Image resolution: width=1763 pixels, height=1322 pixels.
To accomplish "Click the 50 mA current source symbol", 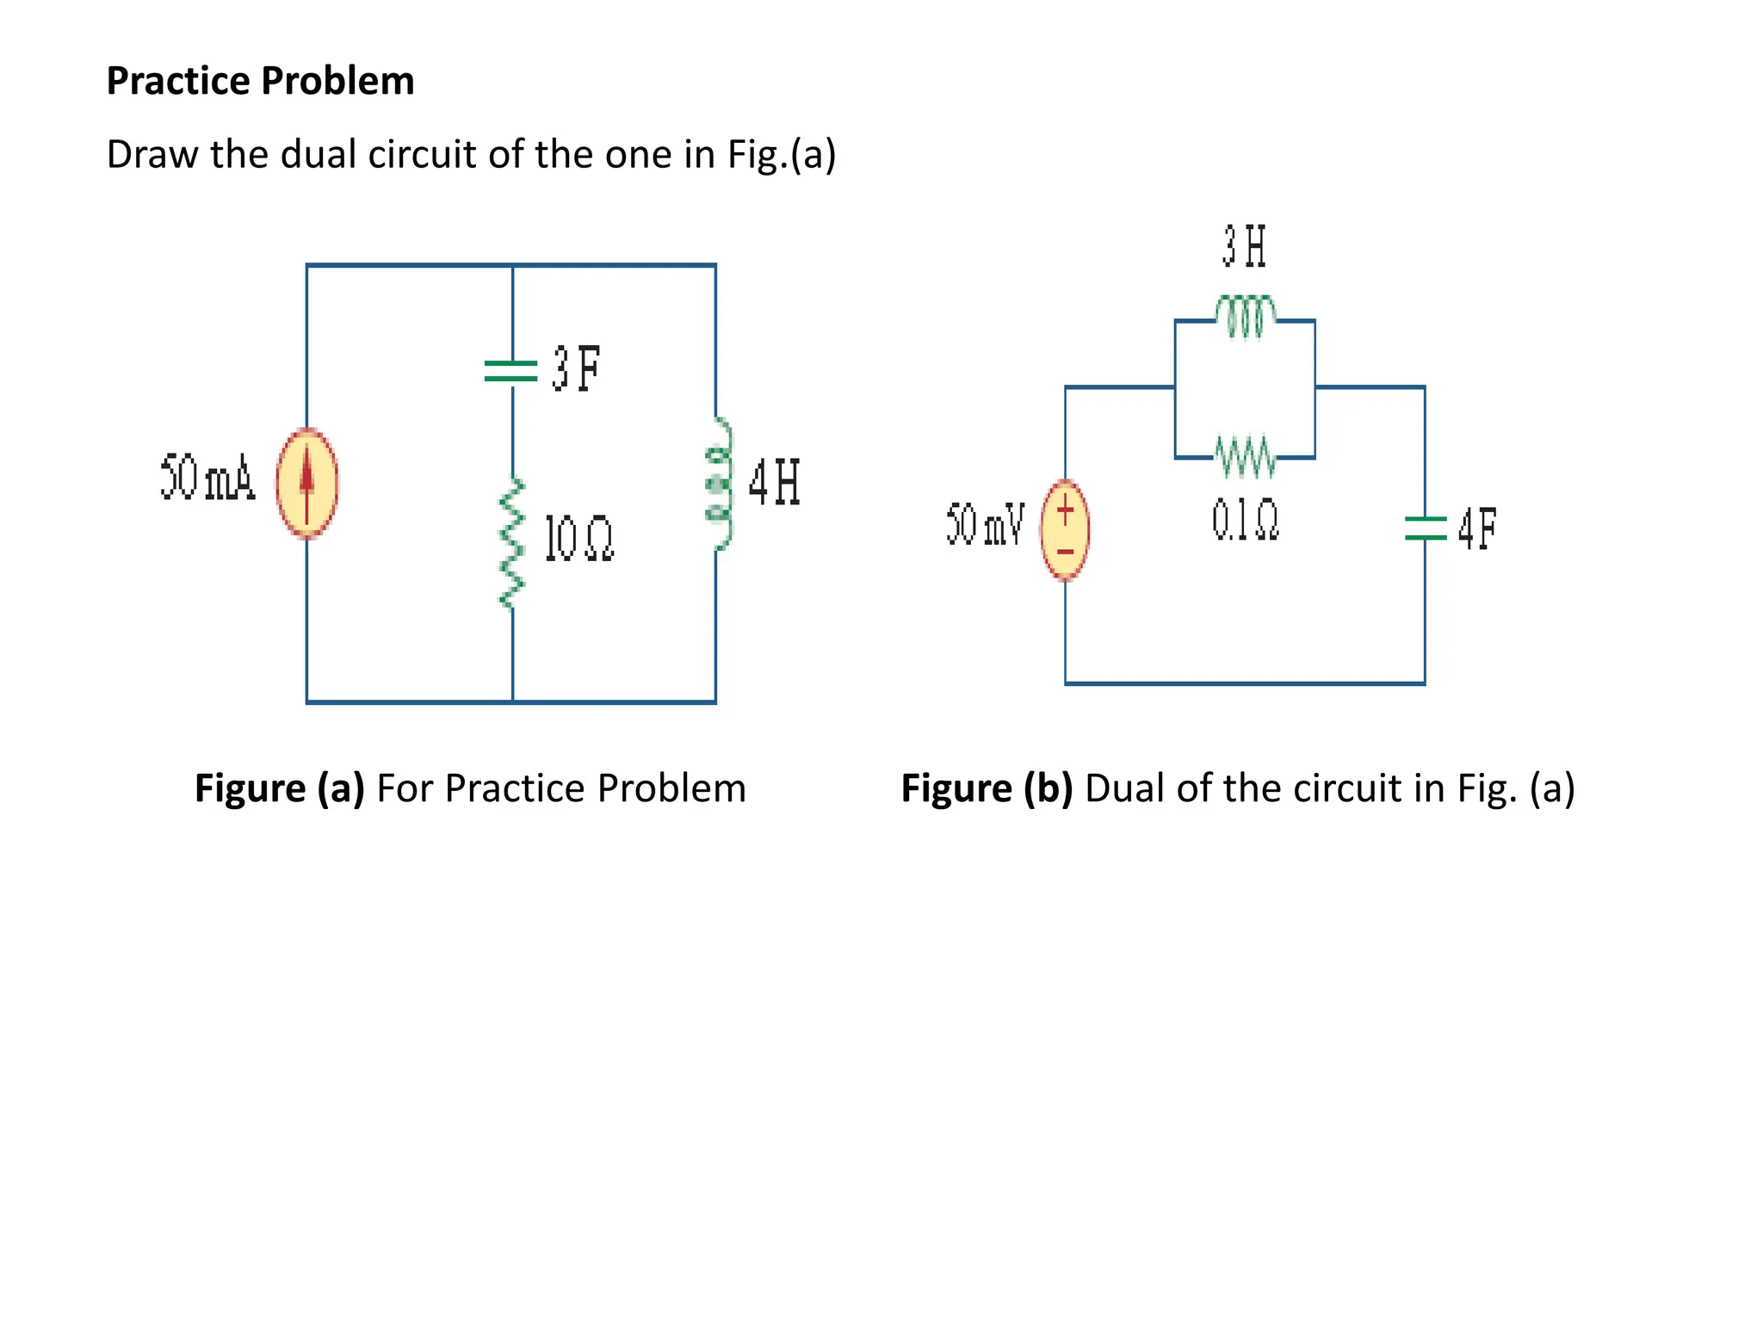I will click(306, 483).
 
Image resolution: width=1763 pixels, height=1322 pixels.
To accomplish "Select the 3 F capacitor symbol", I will click(511, 371).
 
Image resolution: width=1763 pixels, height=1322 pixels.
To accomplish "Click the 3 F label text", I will click(576, 369).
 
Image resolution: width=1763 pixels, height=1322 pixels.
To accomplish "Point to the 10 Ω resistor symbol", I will click(512, 543).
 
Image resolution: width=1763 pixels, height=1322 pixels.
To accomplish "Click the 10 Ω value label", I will click(579, 540).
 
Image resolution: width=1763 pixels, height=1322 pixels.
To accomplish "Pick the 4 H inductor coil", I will click(719, 484).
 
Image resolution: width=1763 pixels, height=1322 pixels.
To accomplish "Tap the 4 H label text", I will click(774, 482).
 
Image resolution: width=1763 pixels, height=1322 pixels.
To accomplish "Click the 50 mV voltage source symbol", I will click(1065, 531).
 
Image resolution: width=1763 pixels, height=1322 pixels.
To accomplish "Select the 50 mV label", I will click(985, 524).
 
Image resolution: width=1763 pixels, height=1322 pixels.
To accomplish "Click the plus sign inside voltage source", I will click(1066, 513).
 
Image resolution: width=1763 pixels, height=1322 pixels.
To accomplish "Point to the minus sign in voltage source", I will click(1066, 552).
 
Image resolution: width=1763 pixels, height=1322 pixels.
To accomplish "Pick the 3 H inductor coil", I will click(1246, 315).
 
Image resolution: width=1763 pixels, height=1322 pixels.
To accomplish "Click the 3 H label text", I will click(1245, 246).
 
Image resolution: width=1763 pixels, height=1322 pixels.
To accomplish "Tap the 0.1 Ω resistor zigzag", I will click(1246, 457).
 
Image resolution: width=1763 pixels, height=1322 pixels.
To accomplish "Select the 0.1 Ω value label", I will click(1245, 521).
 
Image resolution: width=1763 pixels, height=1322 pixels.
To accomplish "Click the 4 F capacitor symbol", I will click(1425, 528).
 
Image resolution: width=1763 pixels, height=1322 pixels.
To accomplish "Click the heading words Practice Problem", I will click(260, 81).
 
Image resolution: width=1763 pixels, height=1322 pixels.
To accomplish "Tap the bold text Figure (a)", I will click(280, 788).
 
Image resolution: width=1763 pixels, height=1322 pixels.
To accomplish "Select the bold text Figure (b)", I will click(987, 788).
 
